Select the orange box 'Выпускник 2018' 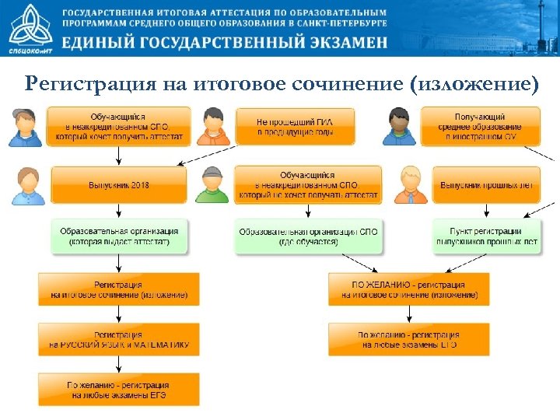pyautogui.click(x=119, y=185)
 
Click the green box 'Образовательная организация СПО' pyautogui.click(x=309, y=236)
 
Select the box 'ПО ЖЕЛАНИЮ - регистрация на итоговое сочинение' pyautogui.click(x=409, y=290)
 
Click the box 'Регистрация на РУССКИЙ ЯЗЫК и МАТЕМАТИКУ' pyautogui.click(x=119, y=340)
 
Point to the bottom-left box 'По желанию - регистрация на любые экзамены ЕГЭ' pyautogui.click(x=119, y=390)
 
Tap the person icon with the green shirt pyautogui.click(x=211, y=185)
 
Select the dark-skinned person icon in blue pyautogui.click(x=398, y=127)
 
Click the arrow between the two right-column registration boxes pyautogui.click(x=409, y=314)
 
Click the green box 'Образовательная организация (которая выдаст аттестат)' pyautogui.click(x=119, y=236)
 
